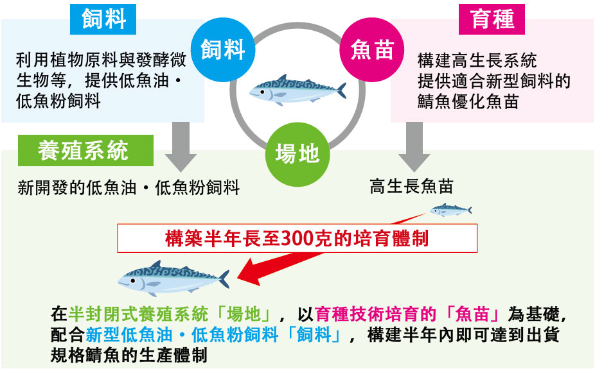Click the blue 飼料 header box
pos(103,19)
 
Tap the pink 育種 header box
pos(492,19)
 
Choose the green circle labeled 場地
pos(297,153)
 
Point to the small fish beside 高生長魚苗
pos(450,209)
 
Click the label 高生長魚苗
pos(411,187)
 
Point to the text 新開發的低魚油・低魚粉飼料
pos(129,188)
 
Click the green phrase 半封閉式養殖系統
pos(141,314)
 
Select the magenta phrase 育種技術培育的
pos(371,314)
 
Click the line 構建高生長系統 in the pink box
pos(477,61)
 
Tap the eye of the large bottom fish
pos(132,280)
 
